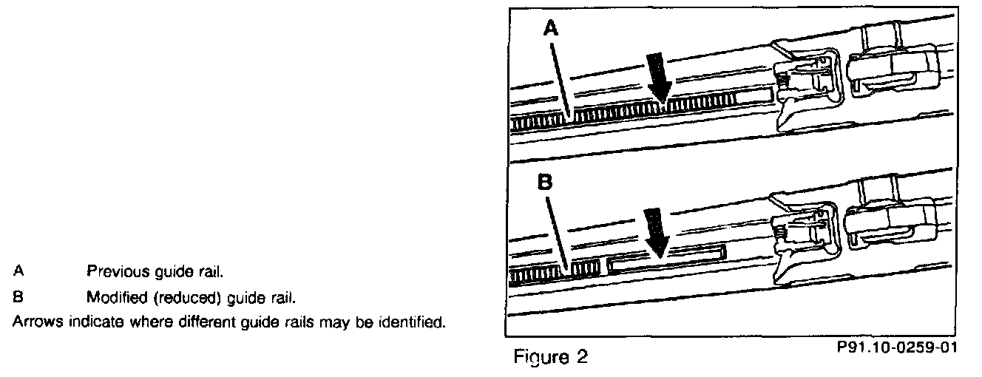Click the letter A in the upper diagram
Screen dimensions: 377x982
coord(551,29)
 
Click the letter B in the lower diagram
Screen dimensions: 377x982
coord(545,183)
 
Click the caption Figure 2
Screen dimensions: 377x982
coord(551,358)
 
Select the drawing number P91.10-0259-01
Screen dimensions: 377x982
coord(897,347)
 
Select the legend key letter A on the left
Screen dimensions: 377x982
coord(18,271)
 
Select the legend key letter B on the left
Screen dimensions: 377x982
coord(18,299)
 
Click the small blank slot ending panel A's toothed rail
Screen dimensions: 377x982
coord(755,96)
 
